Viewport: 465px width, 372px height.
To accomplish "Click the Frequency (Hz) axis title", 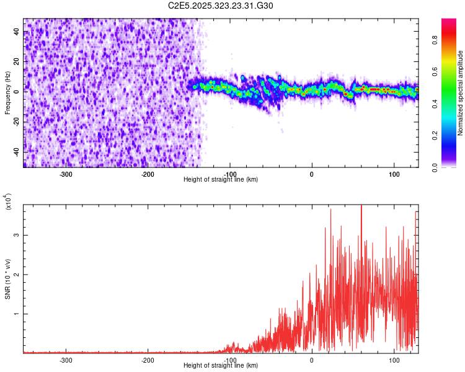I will (7, 93).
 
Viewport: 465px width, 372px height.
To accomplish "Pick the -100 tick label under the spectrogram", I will (230, 174).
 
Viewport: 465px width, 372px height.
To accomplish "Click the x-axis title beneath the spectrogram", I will (221, 180).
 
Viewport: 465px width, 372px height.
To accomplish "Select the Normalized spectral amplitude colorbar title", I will (461, 93).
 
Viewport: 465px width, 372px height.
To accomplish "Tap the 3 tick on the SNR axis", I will (17, 235).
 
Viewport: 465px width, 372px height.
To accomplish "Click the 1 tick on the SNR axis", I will (17, 314).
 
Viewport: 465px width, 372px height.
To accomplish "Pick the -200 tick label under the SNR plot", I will (148, 360).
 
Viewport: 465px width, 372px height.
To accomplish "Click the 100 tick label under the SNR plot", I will (394, 360).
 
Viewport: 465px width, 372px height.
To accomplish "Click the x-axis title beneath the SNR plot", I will (221, 366).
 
